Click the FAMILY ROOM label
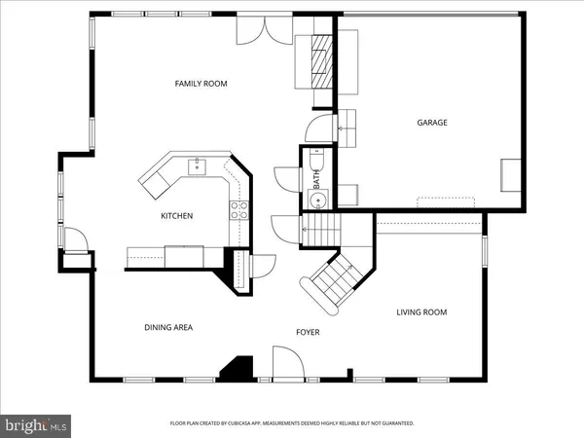tap(201, 84)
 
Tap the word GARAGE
tap(433, 123)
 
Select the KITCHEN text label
tap(176, 216)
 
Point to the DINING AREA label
tap(168, 328)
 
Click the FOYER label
tap(308, 333)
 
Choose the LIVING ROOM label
tap(420, 312)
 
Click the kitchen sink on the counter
tap(197, 165)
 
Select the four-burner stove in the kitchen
tap(237, 207)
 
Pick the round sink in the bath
tap(317, 201)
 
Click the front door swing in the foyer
tap(287, 364)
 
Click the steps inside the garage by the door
tap(347, 123)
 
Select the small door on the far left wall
tap(72, 237)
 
